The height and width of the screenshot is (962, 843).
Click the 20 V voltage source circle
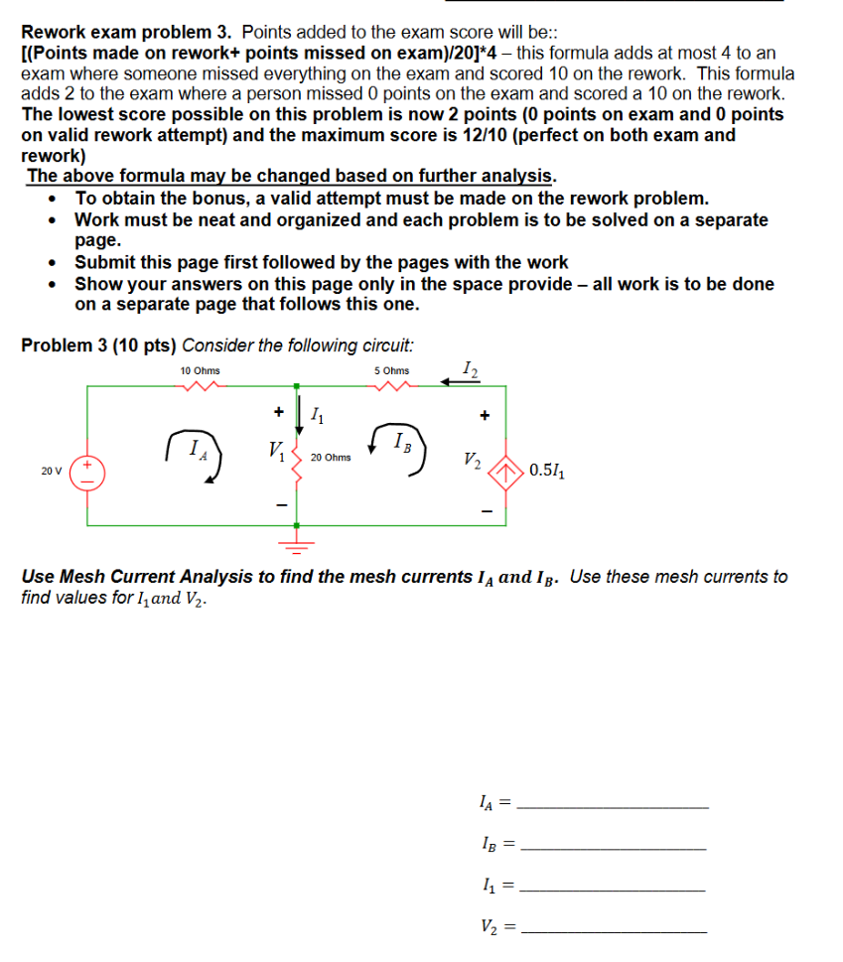click(x=87, y=472)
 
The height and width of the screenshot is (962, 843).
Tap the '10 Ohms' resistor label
click(x=200, y=370)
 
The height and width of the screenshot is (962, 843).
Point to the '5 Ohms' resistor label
click(x=391, y=370)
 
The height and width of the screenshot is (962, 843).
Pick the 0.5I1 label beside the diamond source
click(x=549, y=471)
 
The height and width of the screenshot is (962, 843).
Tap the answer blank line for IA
click(x=614, y=808)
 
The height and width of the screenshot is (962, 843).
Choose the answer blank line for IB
click(x=614, y=849)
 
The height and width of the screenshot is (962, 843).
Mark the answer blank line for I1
click(x=614, y=891)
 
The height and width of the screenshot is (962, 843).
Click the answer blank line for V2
click(x=614, y=931)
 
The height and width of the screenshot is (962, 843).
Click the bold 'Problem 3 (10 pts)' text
click(x=99, y=345)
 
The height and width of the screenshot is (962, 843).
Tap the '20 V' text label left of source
click(x=50, y=472)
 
